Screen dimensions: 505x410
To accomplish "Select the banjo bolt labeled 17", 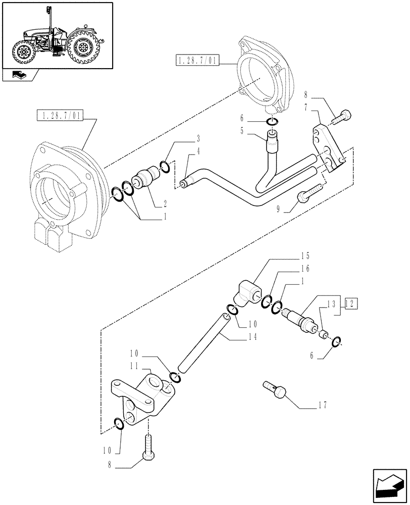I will coord(276,391).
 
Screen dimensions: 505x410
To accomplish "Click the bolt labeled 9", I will coord(308,194).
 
